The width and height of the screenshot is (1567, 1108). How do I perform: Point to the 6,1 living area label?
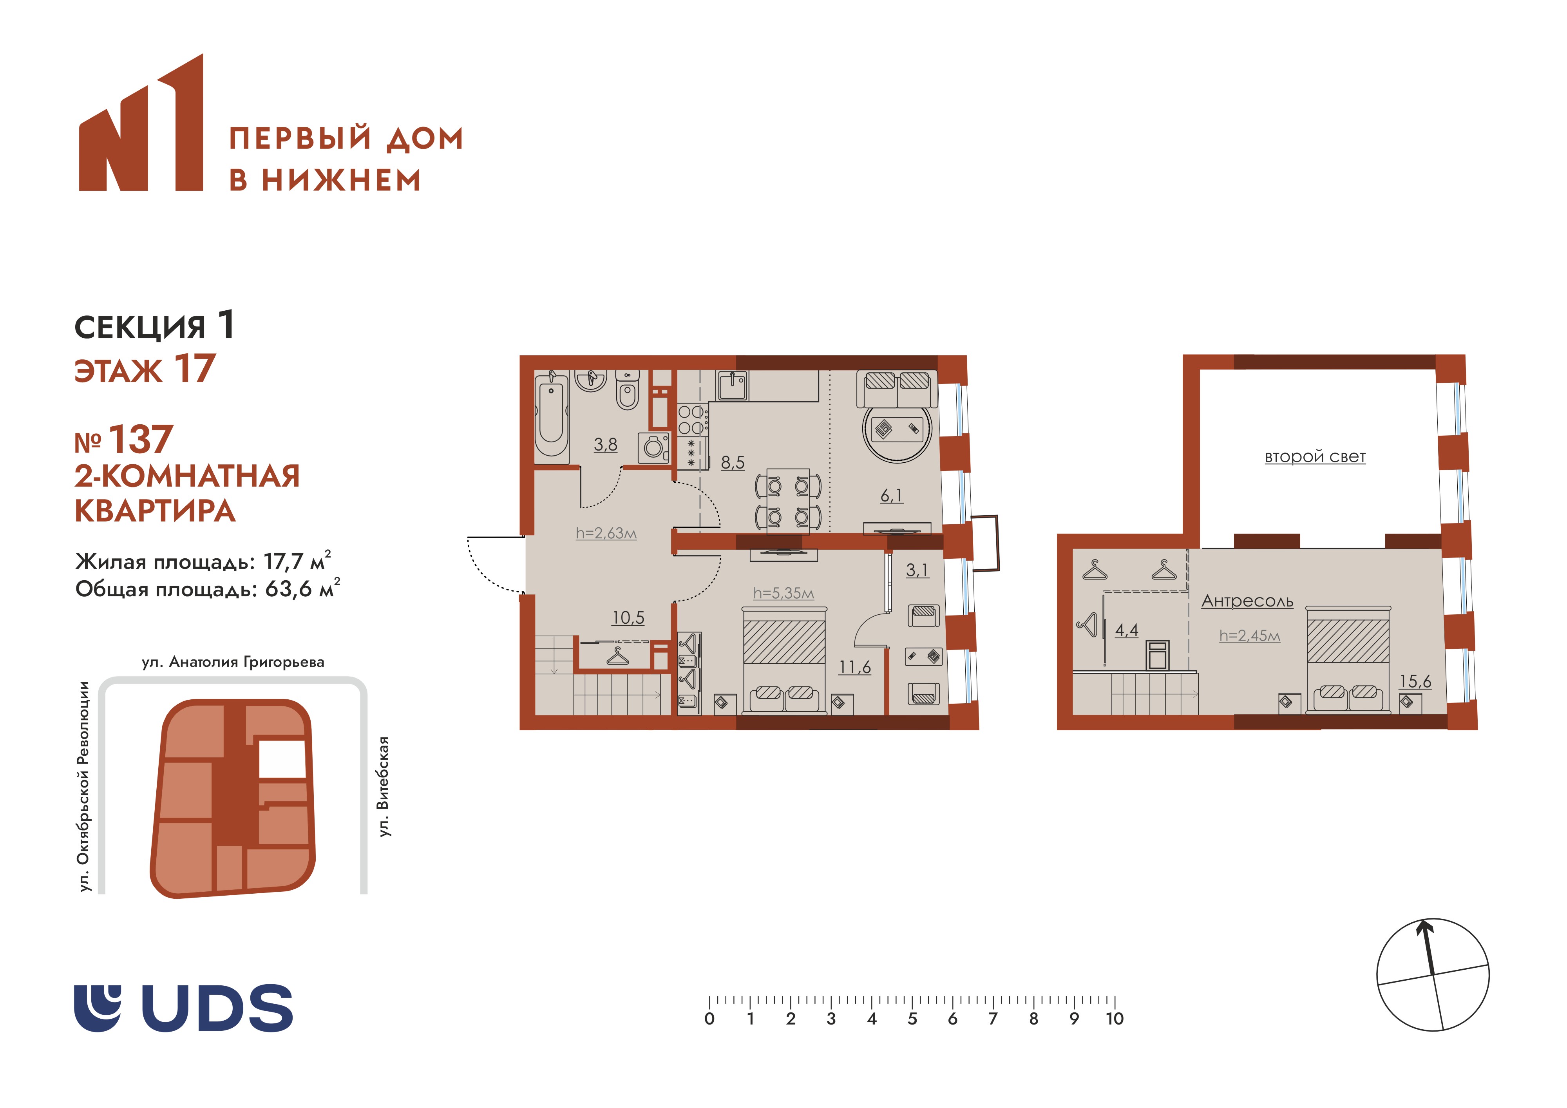[x=891, y=496]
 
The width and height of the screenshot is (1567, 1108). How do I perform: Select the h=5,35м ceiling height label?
[x=783, y=593]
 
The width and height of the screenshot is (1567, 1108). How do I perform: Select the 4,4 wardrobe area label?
[x=1127, y=630]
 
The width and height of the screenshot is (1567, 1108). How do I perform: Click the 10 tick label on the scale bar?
[x=1115, y=1019]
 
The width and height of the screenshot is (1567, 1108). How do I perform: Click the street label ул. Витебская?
[x=384, y=786]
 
